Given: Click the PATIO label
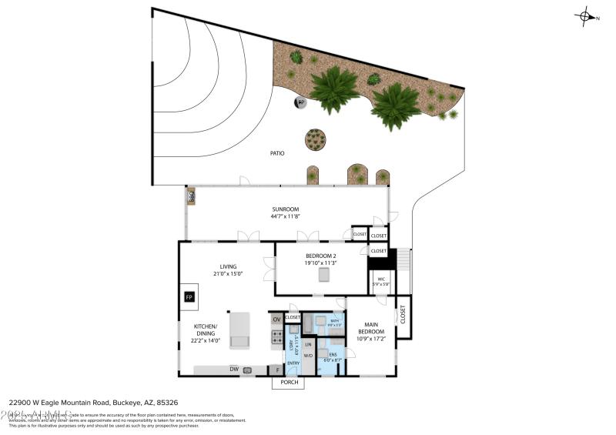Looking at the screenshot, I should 277,153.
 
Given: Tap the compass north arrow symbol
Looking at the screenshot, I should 587,15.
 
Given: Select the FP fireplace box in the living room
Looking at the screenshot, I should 189,296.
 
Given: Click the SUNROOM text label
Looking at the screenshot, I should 284,209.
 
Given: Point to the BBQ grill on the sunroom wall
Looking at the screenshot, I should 190,197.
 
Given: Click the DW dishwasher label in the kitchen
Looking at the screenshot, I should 233,370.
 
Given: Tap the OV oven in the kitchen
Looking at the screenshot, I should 276,320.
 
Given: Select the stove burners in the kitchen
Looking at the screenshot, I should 277,336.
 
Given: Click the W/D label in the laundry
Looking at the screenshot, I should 308,356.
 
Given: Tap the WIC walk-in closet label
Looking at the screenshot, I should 380,279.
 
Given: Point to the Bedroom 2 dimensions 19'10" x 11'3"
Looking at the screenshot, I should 320,263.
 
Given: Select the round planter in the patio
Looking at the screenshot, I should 315,139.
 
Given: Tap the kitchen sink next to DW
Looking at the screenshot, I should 248,370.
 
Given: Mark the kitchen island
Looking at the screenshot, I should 239,330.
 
